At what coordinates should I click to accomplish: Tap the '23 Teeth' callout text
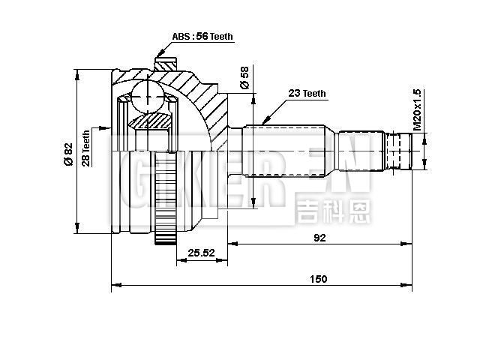pyautogui.click(x=307, y=94)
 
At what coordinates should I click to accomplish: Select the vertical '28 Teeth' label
pyautogui.click(x=86, y=148)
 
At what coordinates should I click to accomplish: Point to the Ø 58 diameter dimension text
pyautogui.click(x=244, y=78)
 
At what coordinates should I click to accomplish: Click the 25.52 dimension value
pyautogui.click(x=202, y=253)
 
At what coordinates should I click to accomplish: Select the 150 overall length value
pyautogui.click(x=319, y=279)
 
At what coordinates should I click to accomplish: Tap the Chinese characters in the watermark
pyautogui.click(x=333, y=211)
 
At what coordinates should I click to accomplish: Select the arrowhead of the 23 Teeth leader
pyautogui.click(x=264, y=122)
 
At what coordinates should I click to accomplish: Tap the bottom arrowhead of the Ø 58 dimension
pyautogui.click(x=253, y=204)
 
